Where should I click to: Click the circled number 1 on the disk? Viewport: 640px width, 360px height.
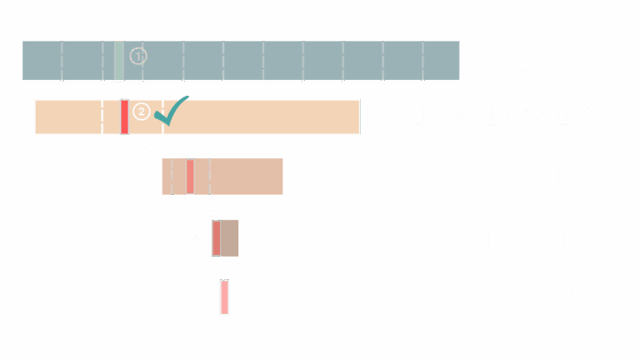pyautogui.click(x=138, y=57)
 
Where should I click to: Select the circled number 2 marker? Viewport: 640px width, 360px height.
pyautogui.click(x=142, y=112)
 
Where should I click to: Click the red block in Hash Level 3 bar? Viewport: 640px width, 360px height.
pyautogui.click(x=124, y=117)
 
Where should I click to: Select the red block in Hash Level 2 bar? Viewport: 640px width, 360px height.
pyautogui.click(x=190, y=176)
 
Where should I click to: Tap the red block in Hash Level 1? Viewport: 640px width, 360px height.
pyautogui.click(x=216, y=238)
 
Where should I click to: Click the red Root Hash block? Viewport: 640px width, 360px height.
pyautogui.click(x=224, y=297)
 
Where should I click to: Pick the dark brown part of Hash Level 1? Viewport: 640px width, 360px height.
pyautogui.click(x=230, y=237)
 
